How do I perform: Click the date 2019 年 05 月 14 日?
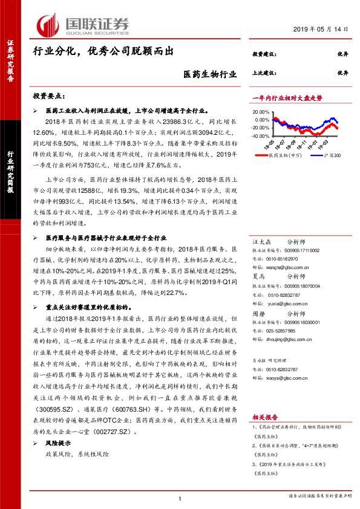coord(316,29)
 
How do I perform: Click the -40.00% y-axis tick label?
coord(261,135)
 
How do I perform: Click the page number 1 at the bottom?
coord(180,498)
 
